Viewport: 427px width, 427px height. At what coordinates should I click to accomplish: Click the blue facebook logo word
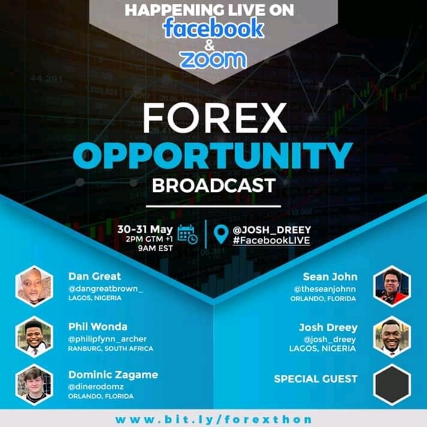tap(213, 28)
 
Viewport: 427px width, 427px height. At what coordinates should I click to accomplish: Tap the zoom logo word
tap(213, 59)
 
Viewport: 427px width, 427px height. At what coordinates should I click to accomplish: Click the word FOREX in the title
tap(215, 119)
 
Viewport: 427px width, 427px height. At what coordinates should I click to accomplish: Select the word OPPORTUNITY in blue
tap(213, 156)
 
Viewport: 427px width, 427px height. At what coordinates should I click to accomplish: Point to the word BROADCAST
tap(213, 185)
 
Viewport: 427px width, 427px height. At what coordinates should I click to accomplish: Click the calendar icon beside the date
tap(187, 234)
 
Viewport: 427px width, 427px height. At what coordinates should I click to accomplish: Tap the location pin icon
tap(221, 234)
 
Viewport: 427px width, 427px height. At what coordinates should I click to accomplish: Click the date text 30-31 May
tap(145, 229)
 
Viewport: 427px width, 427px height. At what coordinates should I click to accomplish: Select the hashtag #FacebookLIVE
tap(271, 240)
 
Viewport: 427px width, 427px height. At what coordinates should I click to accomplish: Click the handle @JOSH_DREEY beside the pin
tap(272, 230)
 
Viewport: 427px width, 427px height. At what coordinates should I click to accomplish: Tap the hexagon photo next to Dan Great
tap(34, 286)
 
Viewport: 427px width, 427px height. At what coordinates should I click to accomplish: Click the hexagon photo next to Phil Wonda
tap(34, 336)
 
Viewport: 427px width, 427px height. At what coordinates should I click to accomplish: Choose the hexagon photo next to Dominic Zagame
tap(34, 384)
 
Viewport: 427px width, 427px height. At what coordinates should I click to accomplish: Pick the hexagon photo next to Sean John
tap(392, 286)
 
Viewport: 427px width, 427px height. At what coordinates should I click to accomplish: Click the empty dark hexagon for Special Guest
tap(392, 384)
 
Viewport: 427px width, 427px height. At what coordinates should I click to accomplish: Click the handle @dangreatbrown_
tap(106, 289)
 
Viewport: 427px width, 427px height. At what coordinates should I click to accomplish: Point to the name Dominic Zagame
tap(113, 375)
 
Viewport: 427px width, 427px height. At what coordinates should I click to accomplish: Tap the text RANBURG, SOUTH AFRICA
tap(110, 348)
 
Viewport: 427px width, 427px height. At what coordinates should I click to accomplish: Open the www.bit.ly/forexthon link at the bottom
tap(213, 419)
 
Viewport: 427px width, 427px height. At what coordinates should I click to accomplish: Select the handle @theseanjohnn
tap(324, 289)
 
